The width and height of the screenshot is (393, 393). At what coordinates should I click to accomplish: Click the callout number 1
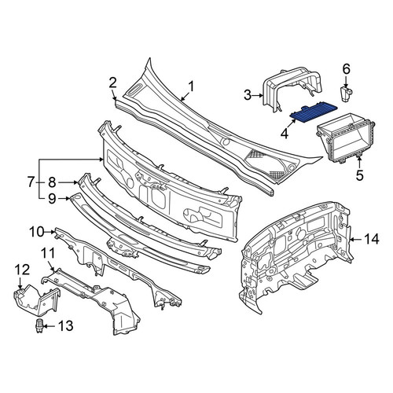pos(191,86)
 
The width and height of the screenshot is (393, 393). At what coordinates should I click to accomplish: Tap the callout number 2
pos(113,83)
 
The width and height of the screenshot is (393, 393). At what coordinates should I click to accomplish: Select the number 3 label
pos(248,95)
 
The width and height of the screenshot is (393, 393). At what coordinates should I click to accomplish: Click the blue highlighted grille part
pos(314,114)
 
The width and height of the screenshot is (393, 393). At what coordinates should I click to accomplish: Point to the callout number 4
pos(285,134)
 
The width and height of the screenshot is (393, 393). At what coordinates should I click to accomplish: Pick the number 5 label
pos(360,175)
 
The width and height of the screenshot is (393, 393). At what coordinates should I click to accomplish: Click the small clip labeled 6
pos(347,95)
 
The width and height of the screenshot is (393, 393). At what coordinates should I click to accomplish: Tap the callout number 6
pos(346,69)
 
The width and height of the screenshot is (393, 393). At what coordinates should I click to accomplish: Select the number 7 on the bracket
pos(31,182)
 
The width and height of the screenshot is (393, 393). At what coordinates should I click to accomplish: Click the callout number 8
pos(52,182)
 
